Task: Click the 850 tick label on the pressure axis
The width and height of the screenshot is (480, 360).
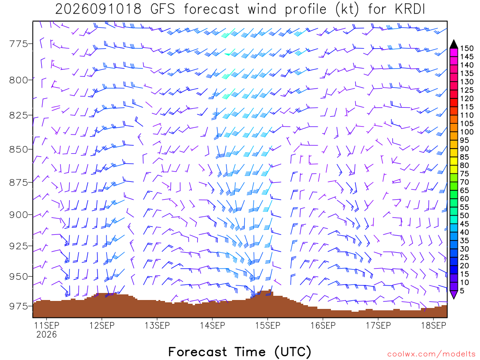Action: click(x=18, y=150)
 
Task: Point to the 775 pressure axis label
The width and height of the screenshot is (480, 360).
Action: click(x=18, y=44)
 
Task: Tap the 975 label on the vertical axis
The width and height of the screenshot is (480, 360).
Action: click(x=18, y=306)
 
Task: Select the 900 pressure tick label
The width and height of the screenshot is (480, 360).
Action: click(x=18, y=215)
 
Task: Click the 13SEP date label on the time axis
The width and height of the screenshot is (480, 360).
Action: click(x=157, y=325)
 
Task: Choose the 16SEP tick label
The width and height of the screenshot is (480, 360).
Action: click(x=323, y=325)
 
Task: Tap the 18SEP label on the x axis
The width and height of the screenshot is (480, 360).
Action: click(x=434, y=325)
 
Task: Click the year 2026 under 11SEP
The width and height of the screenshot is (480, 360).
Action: click(x=46, y=334)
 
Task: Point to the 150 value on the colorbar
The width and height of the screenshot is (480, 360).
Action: click(x=466, y=48)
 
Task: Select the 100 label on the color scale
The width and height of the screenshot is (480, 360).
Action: click(x=466, y=132)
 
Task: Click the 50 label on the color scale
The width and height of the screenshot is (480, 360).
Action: click(x=465, y=216)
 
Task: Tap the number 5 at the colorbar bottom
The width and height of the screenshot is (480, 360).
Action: click(x=462, y=291)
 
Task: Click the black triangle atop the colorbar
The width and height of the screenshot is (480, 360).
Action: click(x=454, y=45)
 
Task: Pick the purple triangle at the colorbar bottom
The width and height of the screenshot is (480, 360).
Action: click(x=454, y=294)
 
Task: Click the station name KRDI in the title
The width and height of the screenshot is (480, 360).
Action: click(x=410, y=9)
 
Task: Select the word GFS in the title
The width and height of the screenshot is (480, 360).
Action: click(x=163, y=9)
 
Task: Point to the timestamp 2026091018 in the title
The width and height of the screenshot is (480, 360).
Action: click(x=98, y=9)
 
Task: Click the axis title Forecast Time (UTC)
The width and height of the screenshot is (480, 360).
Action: click(x=240, y=352)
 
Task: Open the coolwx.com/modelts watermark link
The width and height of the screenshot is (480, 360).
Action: click(x=431, y=354)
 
